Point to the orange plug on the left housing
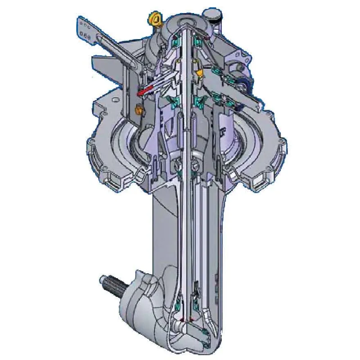(139, 108)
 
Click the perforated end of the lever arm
(85, 27)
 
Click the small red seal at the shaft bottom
(182, 320)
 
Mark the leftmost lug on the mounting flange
(92, 148)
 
